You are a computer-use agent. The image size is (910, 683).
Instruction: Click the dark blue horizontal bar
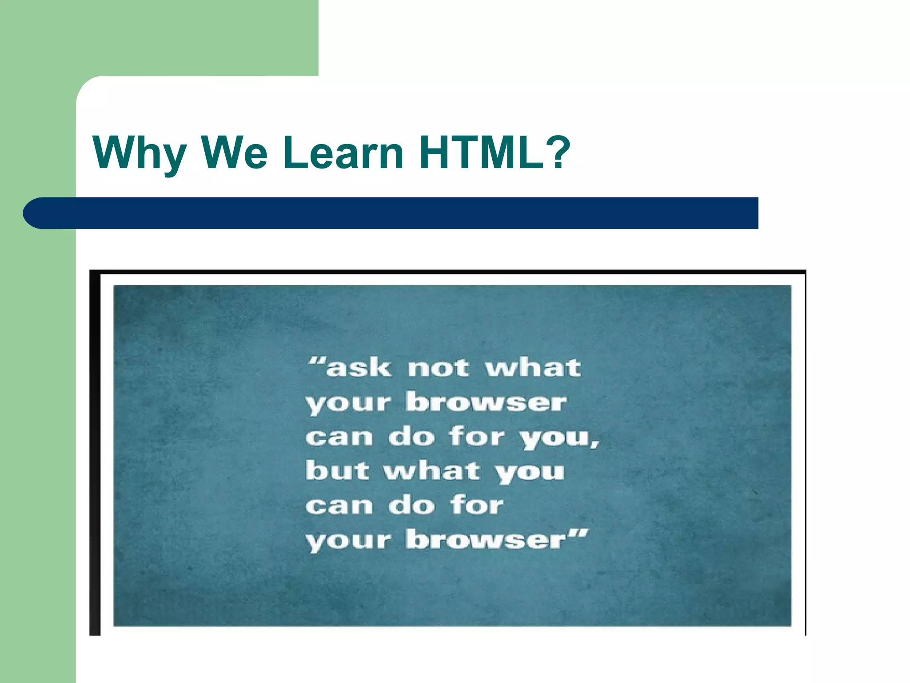[x=400, y=213]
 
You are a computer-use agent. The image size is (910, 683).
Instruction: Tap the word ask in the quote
[x=359, y=368]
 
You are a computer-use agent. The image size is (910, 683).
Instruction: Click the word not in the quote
[x=438, y=368]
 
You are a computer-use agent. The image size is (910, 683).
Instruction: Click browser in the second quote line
[x=486, y=402]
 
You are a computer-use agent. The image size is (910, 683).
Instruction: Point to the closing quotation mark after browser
[x=579, y=533]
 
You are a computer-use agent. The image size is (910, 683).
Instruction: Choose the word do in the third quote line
[x=411, y=437]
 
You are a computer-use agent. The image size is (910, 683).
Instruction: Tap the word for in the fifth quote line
[x=477, y=505]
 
